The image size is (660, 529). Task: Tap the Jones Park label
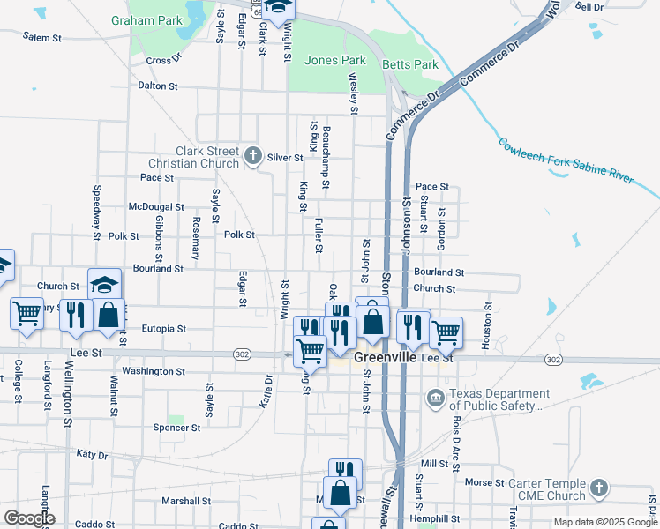[x=334, y=61]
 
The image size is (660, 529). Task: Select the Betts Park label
[x=410, y=65]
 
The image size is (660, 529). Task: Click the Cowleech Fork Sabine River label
[x=566, y=160]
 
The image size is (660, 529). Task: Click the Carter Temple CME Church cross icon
[x=598, y=488]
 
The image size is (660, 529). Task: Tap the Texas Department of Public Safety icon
[x=435, y=399]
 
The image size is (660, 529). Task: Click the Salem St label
[x=42, y=38]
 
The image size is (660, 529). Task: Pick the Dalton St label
[x=158, y=86]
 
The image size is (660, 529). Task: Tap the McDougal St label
[x=155, y=207]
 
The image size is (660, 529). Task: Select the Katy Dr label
[x=92, y=456]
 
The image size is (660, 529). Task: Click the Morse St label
[x=484, y=483]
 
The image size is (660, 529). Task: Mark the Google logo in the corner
[x=29, y=518]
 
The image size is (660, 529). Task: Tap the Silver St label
[x=285, y=158]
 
